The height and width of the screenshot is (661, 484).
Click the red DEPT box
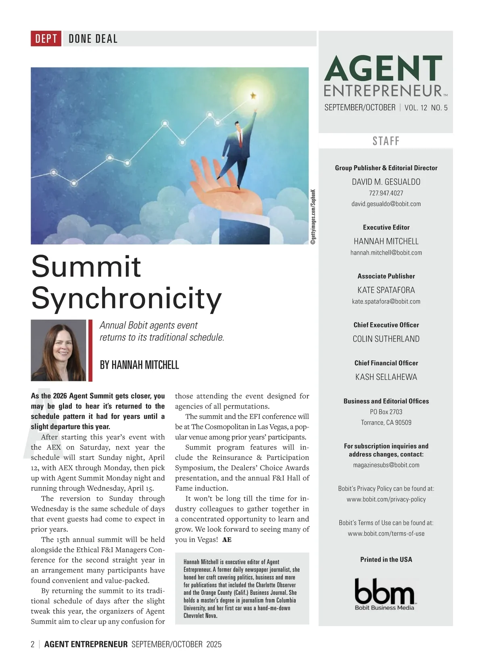(46, 39)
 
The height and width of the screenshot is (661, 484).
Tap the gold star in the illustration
(253, 96)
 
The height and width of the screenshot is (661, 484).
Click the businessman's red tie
(240, 140)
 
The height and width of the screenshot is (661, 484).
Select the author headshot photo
(58, 350)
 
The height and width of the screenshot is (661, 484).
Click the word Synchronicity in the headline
(126, 298)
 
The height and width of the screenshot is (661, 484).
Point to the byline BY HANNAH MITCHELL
(139, 365)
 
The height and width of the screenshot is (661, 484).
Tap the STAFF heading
(386, 141)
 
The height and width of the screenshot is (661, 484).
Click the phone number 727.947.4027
(386, 193)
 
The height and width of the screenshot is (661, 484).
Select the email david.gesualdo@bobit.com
(386, 204)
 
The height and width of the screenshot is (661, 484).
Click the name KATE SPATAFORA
(386, 290)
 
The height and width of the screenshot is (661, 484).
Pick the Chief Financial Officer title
(386, 363)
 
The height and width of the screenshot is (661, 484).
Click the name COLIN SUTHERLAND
(386, 339)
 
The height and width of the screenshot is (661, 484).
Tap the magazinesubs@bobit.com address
(386, 465)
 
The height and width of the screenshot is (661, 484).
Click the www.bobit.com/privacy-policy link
(386, 499)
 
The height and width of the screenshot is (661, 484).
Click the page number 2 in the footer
(33, 644)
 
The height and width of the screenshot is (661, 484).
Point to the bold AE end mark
(227, 540)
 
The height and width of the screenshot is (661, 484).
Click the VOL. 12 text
(416, 108)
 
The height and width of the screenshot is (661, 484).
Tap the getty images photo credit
(314, 216)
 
